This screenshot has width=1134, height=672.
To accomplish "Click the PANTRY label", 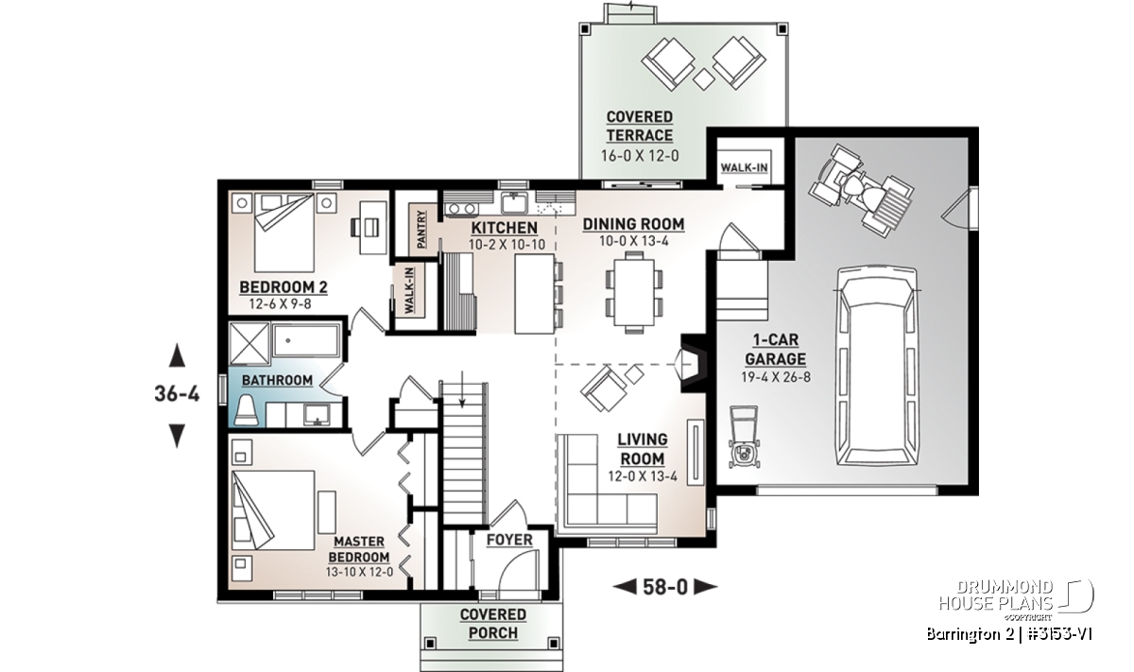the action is click(421, 230).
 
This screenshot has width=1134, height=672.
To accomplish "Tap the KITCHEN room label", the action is click(505, 229).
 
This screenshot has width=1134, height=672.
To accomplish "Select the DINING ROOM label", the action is click(633, 224).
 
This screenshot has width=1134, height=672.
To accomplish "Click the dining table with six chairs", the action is click(634, 293).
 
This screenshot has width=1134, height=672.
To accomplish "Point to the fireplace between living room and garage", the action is click(693, 363).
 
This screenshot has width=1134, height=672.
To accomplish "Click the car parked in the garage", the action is click(877, 367).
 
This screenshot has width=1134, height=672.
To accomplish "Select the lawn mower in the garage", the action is click(745, 437).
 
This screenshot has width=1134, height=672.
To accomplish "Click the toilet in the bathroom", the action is click(247, 411).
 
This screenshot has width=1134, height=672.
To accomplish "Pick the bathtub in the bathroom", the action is click(306, 340).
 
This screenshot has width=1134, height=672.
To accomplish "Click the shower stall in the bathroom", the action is click(249, 343).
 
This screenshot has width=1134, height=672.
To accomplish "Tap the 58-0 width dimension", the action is click(665, 587).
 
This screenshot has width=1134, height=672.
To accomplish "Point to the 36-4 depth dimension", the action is click(177, 393).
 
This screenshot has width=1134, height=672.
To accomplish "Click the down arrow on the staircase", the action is click(462, 388).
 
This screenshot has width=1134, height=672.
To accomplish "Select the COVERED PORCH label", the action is click(492, 624).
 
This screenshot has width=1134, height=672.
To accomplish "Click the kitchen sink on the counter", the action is click(514, 203).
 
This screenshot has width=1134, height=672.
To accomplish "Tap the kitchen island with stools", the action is click(539, 294).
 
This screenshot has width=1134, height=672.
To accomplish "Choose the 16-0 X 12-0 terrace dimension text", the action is click(640, 155).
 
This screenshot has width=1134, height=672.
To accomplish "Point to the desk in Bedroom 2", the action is click(372, 228).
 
